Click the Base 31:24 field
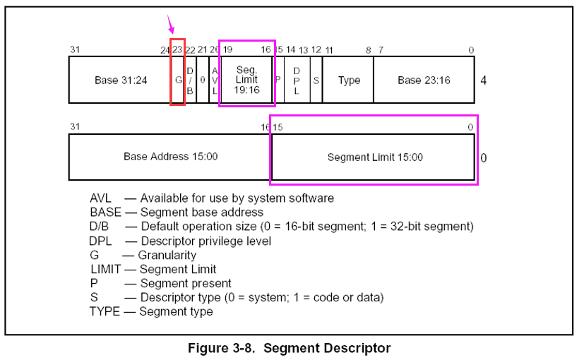(120, 80)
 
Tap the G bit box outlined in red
(178, 80)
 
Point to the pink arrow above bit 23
(170, 25)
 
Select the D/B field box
(190, 80)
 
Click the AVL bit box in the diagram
(215, 80)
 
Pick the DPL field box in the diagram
(297, 80)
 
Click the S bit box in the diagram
(316, 80)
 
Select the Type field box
(349, 80)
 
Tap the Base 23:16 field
(424, 80)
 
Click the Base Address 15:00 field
(170, 156)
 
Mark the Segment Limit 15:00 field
(374, 157)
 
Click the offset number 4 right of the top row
(483, 80)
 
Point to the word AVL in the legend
(101, 198)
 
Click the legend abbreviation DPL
(101, 241)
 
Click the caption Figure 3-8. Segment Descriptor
(289, 348)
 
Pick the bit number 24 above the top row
(165, 49)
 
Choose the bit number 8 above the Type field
(368, 49)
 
